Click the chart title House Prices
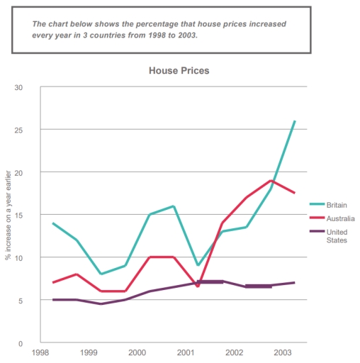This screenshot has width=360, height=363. (179, 71)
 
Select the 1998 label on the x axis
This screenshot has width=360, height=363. (40, 352)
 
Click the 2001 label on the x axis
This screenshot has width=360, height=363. (186, 352)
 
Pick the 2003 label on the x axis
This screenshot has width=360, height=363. (283, 352)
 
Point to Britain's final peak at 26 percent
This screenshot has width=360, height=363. (294, 121)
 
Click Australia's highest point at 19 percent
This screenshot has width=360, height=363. (270, 180)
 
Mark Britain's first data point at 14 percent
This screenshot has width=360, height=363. (53, 223)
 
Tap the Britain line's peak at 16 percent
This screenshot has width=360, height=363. (174, 206)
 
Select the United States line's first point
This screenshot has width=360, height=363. (53, 300)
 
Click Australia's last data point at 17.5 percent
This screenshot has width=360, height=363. (294, 193)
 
